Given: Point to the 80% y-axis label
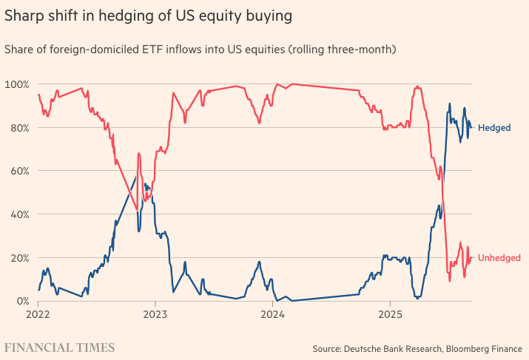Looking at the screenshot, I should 18,128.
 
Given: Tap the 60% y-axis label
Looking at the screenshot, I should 18,171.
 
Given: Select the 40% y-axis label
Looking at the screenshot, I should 18,214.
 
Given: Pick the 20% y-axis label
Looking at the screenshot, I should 18,258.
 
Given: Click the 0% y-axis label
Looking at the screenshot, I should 21,301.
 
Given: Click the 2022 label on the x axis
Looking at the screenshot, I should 38,313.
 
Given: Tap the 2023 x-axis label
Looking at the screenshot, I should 155,313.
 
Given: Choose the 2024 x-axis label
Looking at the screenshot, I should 272,313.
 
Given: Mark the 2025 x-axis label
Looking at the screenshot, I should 389,313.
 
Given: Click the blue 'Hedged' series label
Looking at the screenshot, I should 493,128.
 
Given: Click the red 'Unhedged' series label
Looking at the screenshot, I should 499,258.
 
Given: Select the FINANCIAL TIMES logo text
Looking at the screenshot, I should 60,347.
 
